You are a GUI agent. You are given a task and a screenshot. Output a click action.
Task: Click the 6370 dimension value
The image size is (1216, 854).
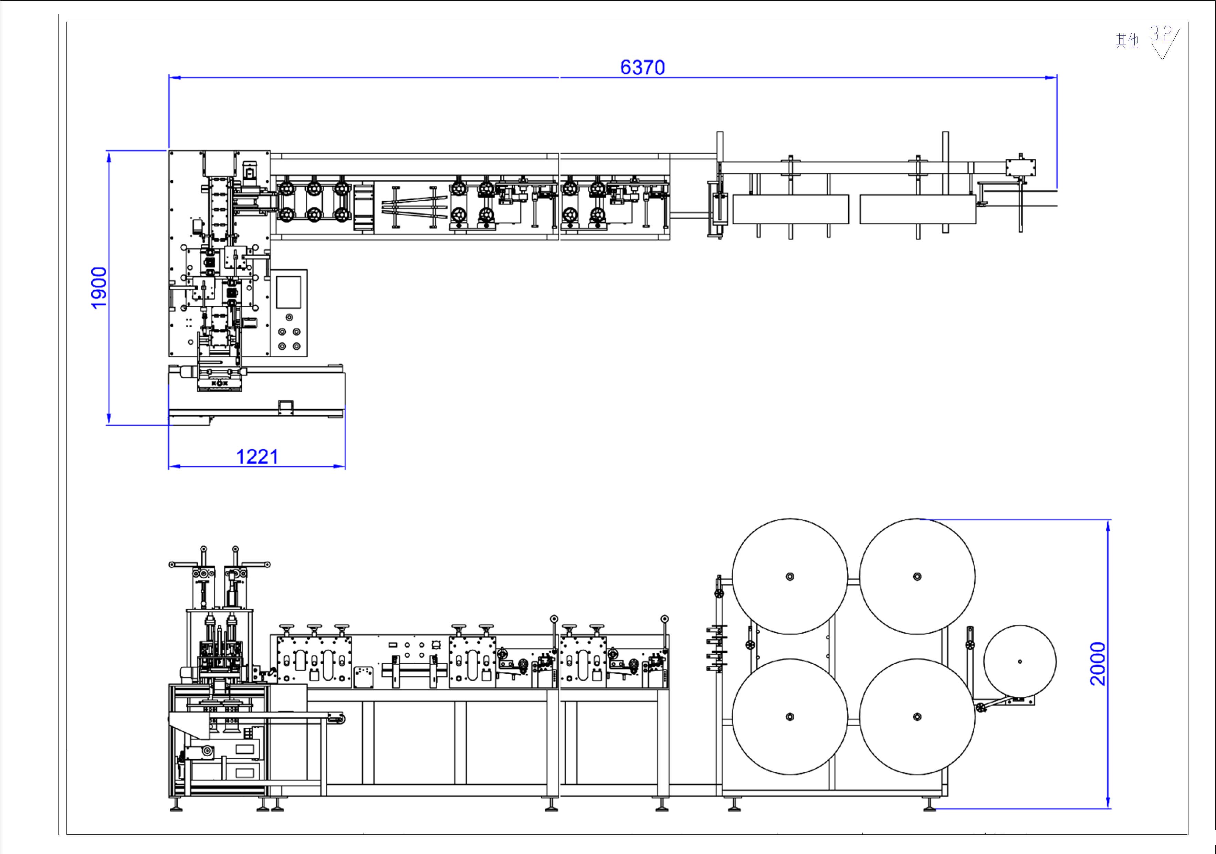point(642,67)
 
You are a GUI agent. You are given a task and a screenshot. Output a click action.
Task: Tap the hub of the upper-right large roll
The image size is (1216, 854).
point(917,576)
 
